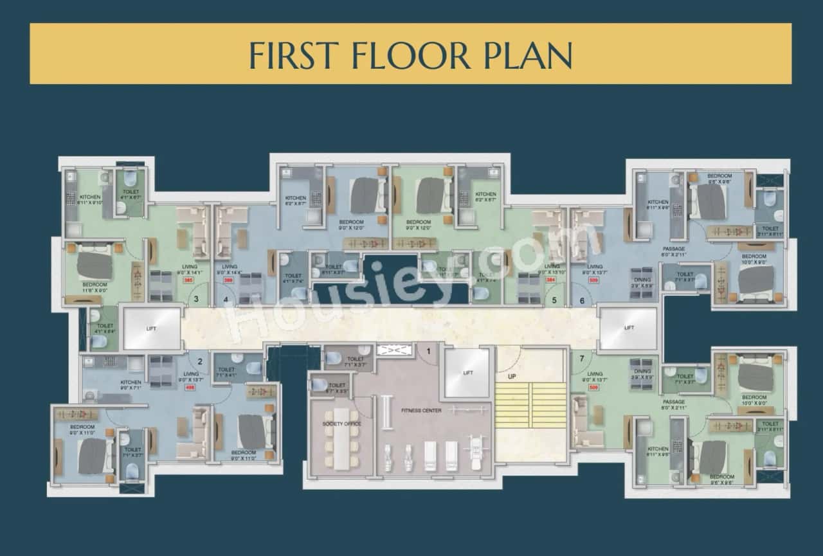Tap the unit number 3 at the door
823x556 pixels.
[196, 299]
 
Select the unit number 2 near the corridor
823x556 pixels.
[200, 362]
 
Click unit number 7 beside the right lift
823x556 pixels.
[582, 358]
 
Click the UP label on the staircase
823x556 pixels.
[512, 376]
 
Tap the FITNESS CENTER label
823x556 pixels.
[421, 410]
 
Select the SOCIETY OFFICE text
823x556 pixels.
[342, 424]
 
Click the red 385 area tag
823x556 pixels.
[188, 280]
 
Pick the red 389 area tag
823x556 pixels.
[228, 280]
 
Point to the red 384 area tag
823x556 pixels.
[550, 280]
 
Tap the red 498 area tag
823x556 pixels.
[190, 388]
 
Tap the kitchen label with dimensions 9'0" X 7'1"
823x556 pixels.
[131, 385]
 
